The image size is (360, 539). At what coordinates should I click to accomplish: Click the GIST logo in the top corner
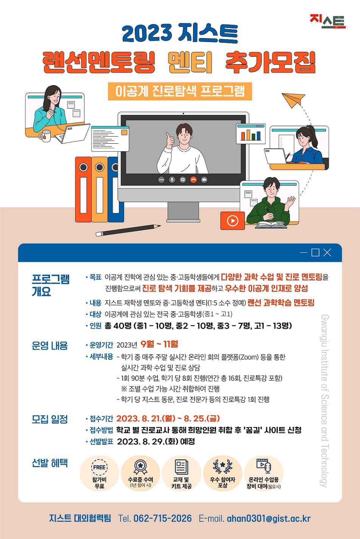(328, 21)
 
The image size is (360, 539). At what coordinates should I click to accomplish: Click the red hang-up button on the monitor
(193, 180)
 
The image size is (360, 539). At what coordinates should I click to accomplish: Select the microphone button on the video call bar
(172, 180)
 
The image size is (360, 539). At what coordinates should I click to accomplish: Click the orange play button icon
(232, 221)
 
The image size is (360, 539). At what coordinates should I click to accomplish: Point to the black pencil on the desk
(128, 230)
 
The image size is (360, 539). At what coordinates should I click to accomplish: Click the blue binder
(115, 190)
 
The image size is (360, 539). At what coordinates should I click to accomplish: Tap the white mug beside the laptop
(45, 136)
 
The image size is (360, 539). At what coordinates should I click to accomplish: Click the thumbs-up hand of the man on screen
(170, 140)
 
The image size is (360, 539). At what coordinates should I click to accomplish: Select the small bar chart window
(251, 134)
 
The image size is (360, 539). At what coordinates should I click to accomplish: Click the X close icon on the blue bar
(327, 253)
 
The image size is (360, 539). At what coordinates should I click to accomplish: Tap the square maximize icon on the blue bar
(315, 253)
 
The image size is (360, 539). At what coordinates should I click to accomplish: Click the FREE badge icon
(99, 467)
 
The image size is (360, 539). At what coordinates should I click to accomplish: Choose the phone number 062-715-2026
(162, 519)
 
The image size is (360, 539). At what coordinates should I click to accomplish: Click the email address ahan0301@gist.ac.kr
(269, 519)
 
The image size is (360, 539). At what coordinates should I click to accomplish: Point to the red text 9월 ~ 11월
(159, 344)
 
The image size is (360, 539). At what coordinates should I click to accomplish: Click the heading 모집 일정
(50, 419)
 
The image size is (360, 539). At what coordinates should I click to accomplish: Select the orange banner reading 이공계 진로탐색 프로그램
(180, 91)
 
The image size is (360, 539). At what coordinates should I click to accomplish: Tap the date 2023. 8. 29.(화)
(148, 441)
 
